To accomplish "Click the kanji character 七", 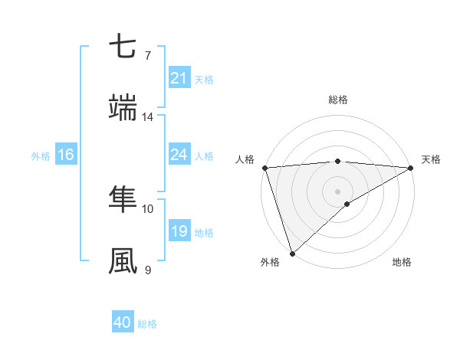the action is tap(123, 47).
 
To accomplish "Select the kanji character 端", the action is tap(123, 108).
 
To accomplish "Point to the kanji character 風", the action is tap(123, 261).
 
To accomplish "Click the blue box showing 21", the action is tap(179, 78).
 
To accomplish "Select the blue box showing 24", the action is tap(179, 155).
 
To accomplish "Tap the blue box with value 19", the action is tap(179, 231).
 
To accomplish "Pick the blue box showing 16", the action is tap(65, 155).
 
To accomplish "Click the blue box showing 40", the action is tap(123, 323).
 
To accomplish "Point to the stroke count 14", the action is tap(148, 117).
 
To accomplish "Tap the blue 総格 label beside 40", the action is tap(147, 324).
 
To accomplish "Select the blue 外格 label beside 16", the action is tap(41, 155).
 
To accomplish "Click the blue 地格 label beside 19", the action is tap(204, 232).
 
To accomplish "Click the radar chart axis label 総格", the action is tap(338, 100).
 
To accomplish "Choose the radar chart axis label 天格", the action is tap(432, 159).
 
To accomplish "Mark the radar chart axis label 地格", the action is tap(402, 263).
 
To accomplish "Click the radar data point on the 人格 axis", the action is tap(264, 167).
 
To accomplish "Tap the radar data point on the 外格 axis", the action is tap(292, 253).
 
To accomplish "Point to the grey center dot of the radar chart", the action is tap(338, 191).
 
